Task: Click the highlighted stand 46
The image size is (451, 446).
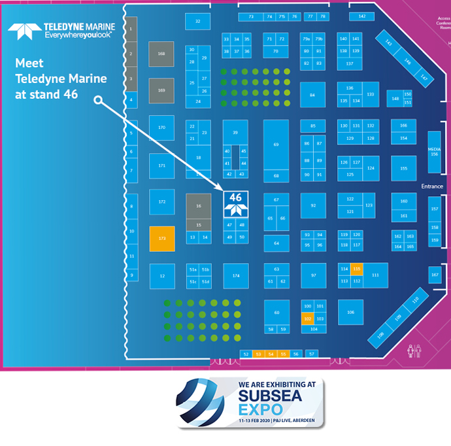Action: [235, 203]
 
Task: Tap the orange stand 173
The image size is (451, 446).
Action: [161, 239]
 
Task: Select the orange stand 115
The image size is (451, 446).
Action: [356, 269]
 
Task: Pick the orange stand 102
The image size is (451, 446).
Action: [307, 318]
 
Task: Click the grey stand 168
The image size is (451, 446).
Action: [161, 54]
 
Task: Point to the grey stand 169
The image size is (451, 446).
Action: [161, 90]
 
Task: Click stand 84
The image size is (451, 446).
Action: [312, 95]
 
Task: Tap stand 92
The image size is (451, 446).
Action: [313, 205]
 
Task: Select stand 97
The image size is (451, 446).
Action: [313, 275]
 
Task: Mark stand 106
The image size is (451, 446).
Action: [350, 312]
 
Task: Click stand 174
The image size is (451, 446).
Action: [235, 275]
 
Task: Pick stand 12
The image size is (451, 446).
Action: [161, 275]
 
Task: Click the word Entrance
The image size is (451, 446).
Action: [432, 186]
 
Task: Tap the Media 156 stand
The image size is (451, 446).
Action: [434, 151]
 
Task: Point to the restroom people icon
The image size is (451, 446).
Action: [412, 351]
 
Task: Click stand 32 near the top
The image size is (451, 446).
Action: [197, 22]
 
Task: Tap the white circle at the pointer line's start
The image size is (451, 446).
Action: [98, 101]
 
